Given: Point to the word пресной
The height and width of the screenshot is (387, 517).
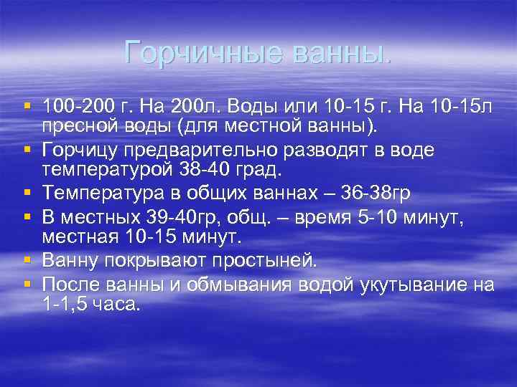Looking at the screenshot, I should point(75,126).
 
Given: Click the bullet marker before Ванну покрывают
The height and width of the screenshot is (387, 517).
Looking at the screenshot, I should point(27,259).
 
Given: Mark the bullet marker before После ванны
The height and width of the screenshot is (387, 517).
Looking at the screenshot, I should point(27,282).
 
